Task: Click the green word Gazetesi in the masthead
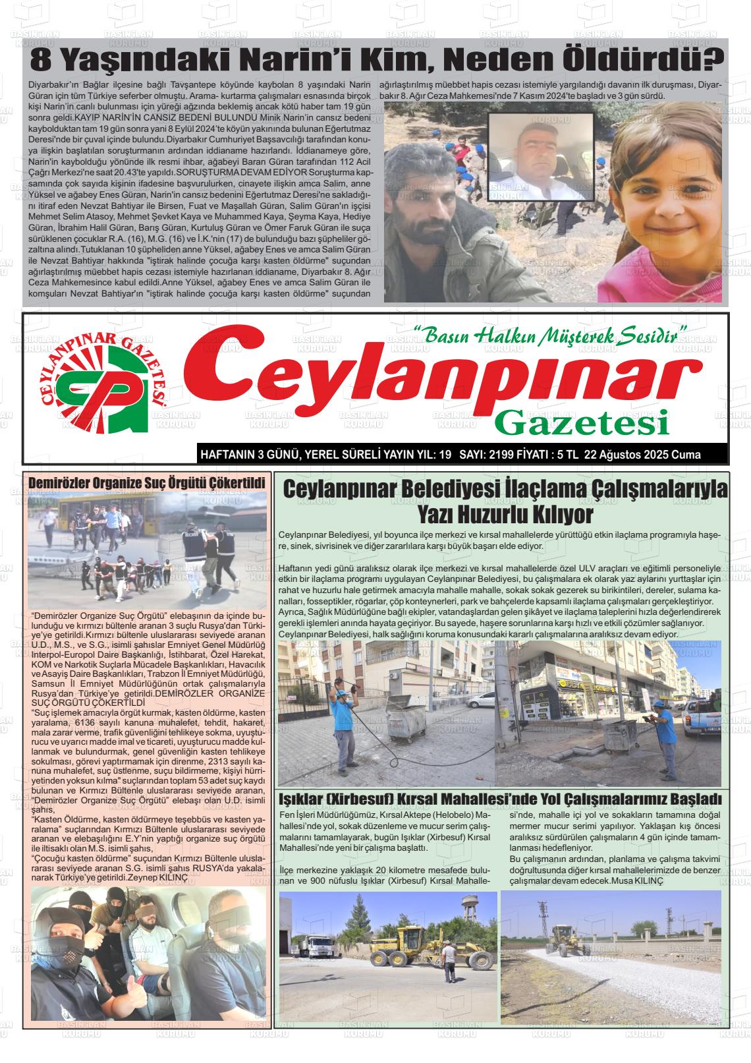tap(582, 422)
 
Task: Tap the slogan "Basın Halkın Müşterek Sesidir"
tap(550, 335)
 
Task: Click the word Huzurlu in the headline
tap(505, 514)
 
